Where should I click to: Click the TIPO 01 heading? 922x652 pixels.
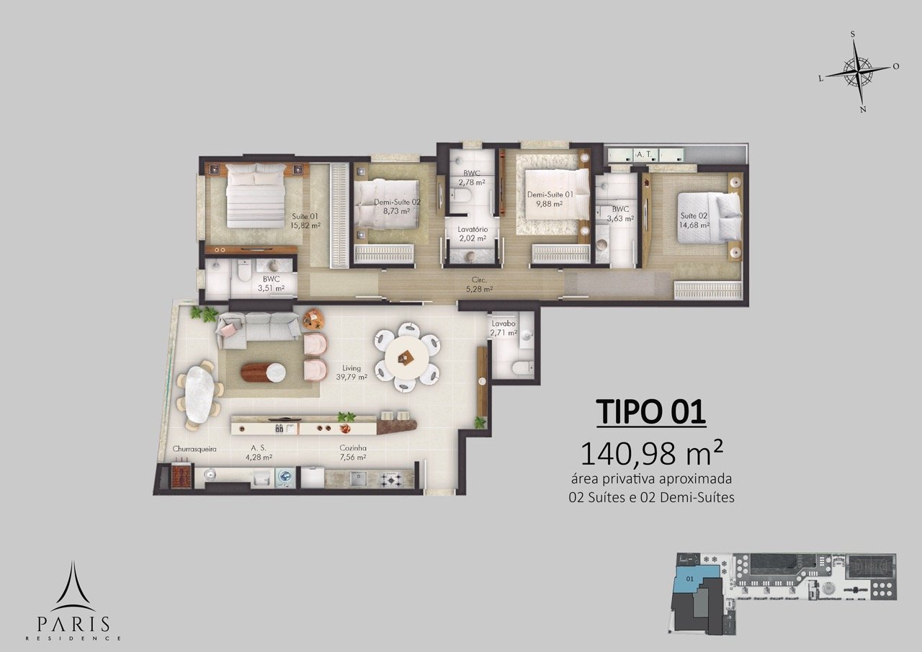651,412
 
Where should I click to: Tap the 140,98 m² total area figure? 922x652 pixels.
650,453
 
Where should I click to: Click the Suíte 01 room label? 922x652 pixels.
305,220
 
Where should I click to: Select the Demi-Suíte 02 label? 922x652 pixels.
397,207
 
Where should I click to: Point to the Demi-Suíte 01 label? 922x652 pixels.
550,199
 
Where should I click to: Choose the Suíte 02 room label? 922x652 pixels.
694,220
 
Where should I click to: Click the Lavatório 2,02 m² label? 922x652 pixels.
473,233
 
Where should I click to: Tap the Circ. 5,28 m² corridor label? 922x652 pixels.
479,285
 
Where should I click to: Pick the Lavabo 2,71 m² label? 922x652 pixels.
503,328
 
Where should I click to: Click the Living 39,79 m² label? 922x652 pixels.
352,372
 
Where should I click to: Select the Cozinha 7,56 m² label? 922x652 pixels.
353,452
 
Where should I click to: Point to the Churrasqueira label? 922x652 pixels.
194,449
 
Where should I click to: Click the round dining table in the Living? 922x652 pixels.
408,357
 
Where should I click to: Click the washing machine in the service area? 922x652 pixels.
284,477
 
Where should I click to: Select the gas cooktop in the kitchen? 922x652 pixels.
388,478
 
